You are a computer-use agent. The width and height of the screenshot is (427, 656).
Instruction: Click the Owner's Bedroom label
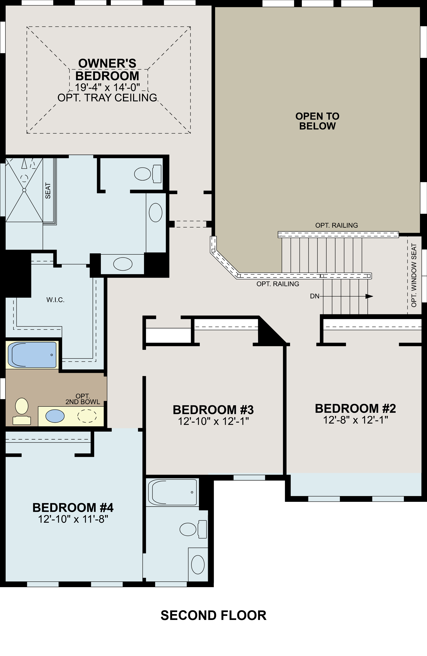point(107,69)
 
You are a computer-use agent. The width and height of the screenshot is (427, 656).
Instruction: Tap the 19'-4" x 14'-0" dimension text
point(107,87)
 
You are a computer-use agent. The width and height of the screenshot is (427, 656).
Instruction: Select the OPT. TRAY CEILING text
point(107,98)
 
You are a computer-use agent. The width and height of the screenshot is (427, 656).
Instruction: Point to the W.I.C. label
point(56,300)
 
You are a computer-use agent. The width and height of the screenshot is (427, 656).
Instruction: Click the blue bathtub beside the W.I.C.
point(32,355)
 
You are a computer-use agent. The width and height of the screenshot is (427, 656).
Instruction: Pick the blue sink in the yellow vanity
point(55,416)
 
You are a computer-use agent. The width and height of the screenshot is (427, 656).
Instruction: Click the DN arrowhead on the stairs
point(369,296)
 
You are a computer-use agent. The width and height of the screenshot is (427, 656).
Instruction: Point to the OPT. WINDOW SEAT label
point(414,275)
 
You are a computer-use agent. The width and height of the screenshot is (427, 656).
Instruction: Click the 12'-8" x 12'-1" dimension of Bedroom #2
point(355,420)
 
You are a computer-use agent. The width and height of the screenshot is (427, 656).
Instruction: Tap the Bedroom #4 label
point(73,507)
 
